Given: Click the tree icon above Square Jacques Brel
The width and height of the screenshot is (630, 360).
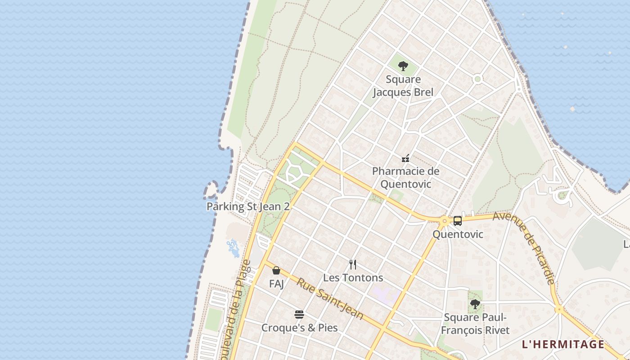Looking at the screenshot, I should tap(403, 66).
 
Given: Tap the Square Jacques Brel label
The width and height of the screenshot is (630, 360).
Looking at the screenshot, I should tap(403, 86).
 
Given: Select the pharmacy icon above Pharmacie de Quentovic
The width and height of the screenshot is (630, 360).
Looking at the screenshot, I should tap(405, 158).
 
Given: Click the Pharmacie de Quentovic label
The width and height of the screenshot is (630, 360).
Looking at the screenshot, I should tap(405, 178).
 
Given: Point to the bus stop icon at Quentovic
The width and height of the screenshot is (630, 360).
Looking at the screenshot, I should tap(458, 220).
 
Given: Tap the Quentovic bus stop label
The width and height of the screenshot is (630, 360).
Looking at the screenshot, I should tap(458, 234).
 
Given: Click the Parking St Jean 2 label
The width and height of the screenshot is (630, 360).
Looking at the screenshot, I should tap(247, 207).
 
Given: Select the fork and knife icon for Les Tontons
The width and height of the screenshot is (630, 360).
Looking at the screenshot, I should tap(353, 265).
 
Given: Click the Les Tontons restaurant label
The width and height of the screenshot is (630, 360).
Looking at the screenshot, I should tap(353, 278).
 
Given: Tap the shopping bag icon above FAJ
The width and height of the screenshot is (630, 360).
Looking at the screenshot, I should tap(276, 270).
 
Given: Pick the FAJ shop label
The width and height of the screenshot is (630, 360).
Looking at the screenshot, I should tap(276, 284).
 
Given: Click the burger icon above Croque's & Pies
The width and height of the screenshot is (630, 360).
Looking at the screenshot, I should tap(299, 314).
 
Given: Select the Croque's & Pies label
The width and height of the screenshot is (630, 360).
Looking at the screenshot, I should tap(299, 328).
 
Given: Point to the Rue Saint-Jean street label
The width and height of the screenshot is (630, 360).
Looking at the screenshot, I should tap(330, 298).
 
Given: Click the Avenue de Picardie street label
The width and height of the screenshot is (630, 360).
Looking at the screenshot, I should tap(525, 248).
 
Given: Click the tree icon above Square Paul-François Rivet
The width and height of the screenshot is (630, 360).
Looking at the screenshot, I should tap(475, 304).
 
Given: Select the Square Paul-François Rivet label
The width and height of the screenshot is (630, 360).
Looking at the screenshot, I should tap(475, 324).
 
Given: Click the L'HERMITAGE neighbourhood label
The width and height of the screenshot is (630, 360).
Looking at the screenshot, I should tap(562, 345).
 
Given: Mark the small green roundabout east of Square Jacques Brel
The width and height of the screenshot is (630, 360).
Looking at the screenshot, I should tap(477, 79).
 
